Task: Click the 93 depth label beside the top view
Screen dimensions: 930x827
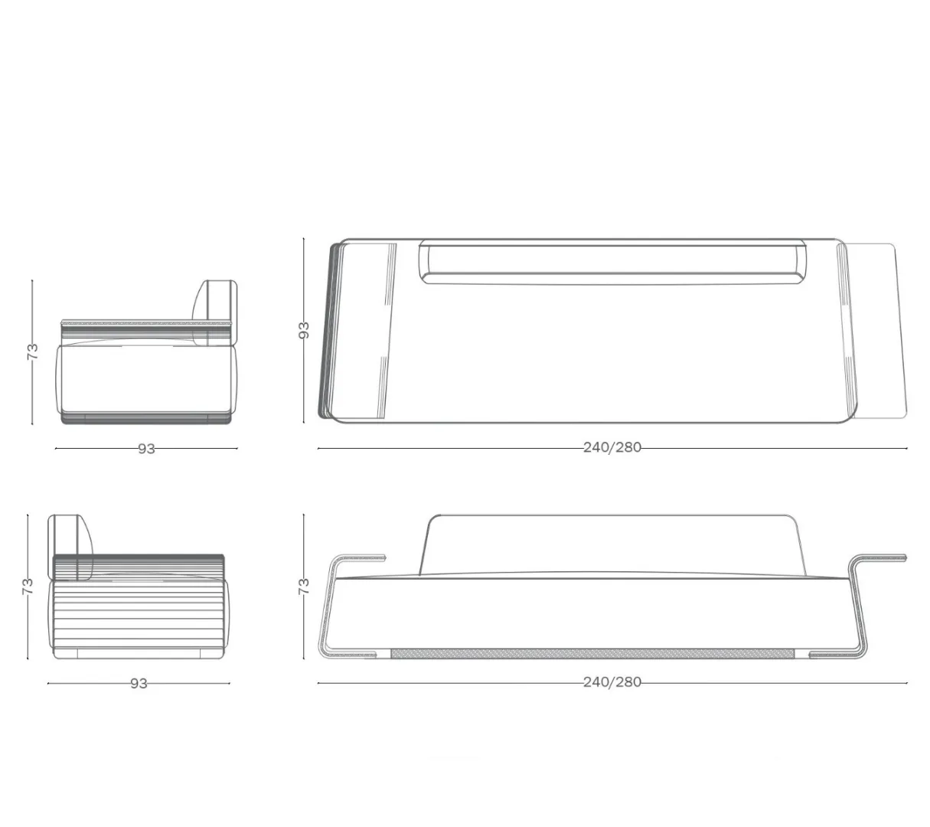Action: (x=303, y=330)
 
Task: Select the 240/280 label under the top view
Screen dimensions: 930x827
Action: (x=612, y=448)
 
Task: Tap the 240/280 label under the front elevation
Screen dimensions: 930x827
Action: (x=612, y=682)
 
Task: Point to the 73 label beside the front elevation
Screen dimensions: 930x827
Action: (x=303, y=587)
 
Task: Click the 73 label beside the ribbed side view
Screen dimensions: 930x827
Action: (x=28, y=587)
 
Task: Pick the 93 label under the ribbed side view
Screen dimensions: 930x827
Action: (x=139, y=684)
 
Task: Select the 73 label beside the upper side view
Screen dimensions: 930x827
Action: (x=33, y=351)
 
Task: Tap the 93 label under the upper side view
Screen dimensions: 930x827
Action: (x=146, y=449)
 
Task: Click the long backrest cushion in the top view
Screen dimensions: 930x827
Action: (x=613, y=262)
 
